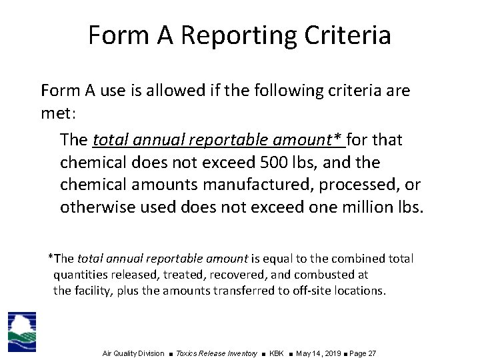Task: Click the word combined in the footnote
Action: click(x=353, y=258)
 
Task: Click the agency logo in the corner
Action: click(x=22, y=331)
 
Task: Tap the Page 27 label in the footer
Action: click(x=363, y=353)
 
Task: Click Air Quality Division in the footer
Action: click(x=133, y=353)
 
